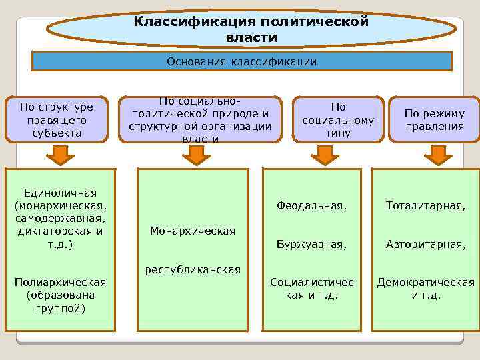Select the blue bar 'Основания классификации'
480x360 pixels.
coord(242,62)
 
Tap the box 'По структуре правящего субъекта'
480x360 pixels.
coord(56,119)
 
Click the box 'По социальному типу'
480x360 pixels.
coord(338,120)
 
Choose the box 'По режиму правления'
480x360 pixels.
coord(434,119)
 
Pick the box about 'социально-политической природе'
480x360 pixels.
coord(200,119)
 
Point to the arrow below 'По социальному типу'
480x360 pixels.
coord(325,155)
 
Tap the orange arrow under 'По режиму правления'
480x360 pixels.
coord(438,155)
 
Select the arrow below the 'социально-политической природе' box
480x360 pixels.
coord(196,155)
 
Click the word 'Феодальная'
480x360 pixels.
coord(311,207)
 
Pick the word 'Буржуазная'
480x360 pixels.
coord(311,245)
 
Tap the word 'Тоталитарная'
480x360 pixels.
coord(425,207)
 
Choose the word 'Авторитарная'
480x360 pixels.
coord(425,245)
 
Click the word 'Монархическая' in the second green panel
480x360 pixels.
coord(193,231)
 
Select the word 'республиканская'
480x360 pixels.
coord(193,270)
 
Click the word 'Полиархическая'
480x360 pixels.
coord(60,282)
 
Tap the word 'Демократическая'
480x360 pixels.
coord(425,282)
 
